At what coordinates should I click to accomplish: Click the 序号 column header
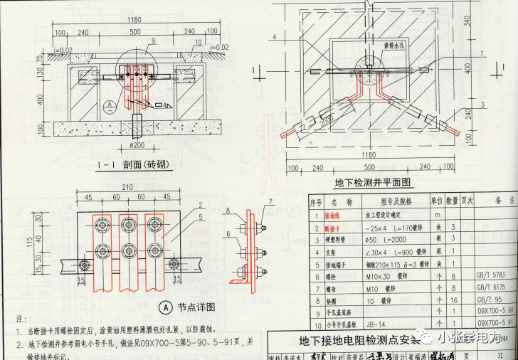315,202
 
